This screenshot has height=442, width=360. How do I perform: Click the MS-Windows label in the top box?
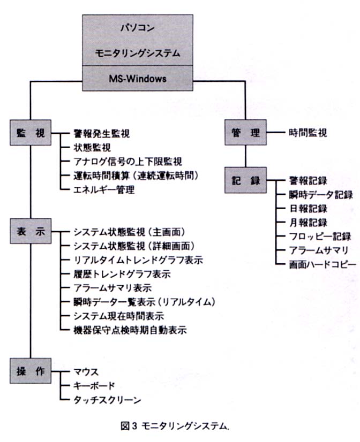pos(138,78)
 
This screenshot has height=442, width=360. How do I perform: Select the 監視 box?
pos(31,133)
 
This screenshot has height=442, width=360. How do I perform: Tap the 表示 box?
pos(31,231)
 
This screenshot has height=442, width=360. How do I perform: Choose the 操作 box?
pos(31,371)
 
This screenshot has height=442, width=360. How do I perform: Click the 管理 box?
pos(245,132)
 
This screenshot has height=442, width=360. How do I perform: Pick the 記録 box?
pos(245,180)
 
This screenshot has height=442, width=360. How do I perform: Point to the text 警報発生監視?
pos(102,133)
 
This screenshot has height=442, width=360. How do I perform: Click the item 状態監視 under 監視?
pos(92,148)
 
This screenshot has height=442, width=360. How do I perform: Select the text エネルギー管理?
pos(104,189)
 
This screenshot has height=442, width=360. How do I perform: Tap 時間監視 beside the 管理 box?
pos(308,133)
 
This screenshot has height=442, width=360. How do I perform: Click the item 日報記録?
pos(308,209)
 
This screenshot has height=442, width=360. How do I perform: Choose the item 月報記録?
pos(308,223)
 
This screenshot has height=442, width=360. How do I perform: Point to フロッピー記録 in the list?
pos(320,237)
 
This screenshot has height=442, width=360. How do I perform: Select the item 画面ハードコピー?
pos(322,264)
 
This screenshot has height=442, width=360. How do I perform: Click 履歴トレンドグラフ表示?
pos(122,274)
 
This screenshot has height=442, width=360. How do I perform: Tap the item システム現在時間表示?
pos(119,316)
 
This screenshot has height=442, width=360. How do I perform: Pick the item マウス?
pos(86,372)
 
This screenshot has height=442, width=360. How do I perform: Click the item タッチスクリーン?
pos(107,400)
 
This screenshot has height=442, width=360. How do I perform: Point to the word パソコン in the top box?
pos(138,28)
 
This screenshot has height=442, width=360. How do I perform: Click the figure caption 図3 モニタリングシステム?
pos(175,426)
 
